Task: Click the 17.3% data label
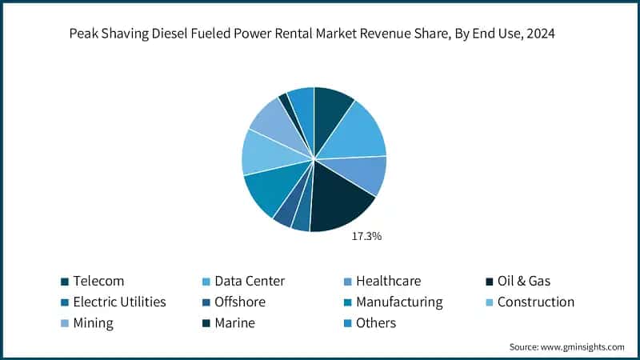[366, 237]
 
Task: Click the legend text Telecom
[98, 281]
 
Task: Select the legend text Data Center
[250, 281]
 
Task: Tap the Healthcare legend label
[388, 281]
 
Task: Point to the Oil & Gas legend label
[523, 281]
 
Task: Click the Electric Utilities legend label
[119, 302]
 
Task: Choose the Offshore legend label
[241, 302]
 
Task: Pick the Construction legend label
[535, 302]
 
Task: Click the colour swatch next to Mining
[64, 323]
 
